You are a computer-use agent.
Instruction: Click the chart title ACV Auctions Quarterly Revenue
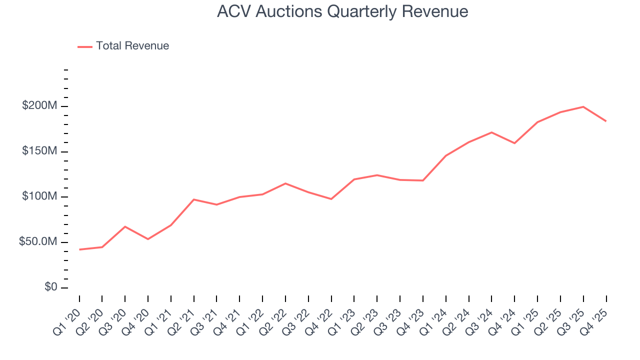342,11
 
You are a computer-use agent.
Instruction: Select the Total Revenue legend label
132,46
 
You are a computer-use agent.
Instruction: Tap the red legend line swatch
85,46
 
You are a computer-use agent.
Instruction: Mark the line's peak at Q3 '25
583,106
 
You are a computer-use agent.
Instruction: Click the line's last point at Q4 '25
606,121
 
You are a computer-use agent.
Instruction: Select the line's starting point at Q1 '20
79,249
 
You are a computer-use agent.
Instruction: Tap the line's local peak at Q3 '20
125,226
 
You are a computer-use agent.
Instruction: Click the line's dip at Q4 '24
514,143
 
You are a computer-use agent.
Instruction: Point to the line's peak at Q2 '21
193,199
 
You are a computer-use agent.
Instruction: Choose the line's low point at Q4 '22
331,199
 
